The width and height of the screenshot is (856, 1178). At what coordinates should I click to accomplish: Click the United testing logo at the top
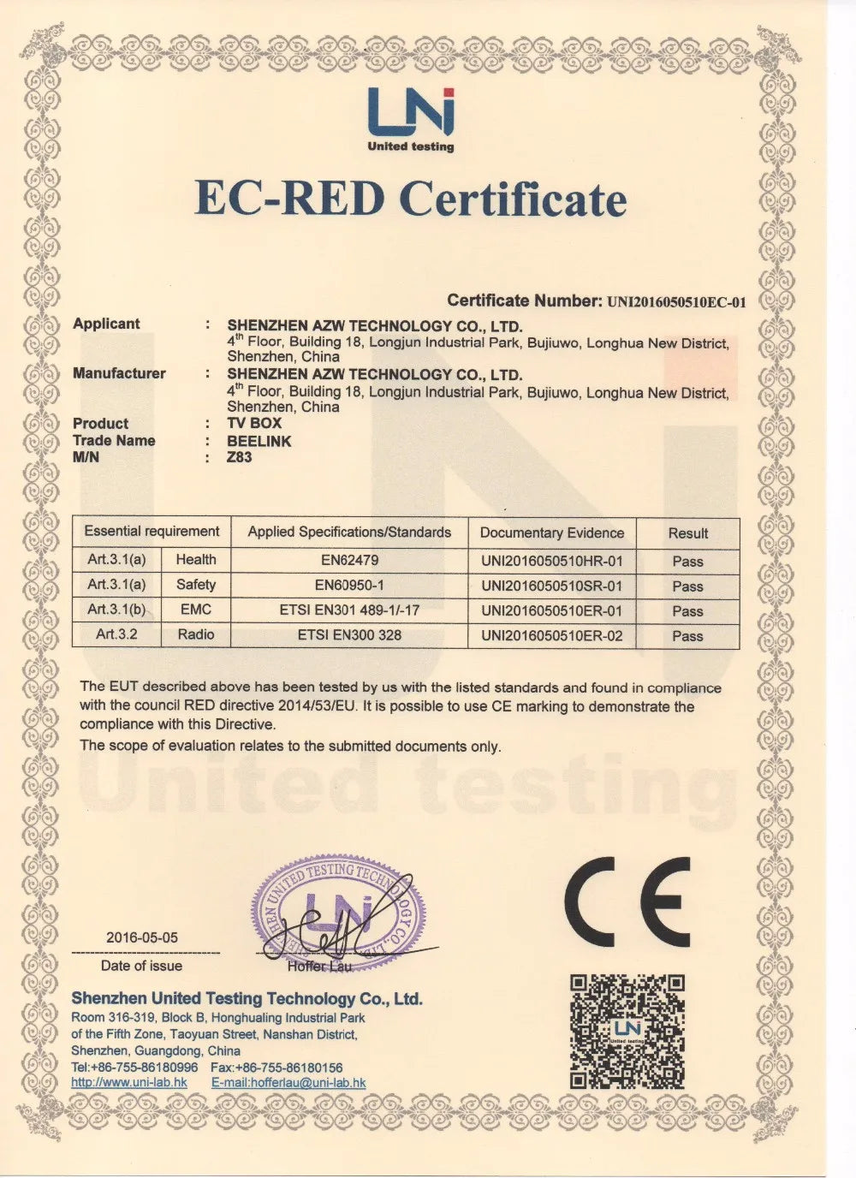point(411,120)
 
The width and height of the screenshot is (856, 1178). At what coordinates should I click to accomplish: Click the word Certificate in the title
point(513,199)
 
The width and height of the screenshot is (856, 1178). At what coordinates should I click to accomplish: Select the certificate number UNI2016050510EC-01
point(677,301)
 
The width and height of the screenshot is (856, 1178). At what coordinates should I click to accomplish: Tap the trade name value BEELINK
point(259,441)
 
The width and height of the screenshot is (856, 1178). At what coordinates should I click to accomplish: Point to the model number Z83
point(239,457)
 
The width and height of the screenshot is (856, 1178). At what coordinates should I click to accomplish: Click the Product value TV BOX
point(254,423)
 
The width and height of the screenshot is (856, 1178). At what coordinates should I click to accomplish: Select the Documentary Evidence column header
point(552,532)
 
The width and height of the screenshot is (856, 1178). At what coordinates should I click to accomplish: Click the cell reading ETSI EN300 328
point(349,634)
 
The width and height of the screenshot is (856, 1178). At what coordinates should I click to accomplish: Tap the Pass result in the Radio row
point(687,636)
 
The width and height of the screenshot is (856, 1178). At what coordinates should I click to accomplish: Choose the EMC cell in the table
point(196,610)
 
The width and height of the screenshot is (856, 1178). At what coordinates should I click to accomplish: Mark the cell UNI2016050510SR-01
point(552,586)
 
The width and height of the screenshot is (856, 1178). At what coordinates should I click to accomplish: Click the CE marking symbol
point(627,901)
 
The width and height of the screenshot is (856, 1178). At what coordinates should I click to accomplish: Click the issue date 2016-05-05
point(142,937)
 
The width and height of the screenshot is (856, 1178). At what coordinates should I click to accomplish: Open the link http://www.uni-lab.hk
point(129,1082)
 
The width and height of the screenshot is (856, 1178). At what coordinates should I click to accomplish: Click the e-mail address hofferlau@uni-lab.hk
point(288,1082)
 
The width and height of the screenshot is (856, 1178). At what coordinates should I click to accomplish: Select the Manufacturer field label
point(119,373)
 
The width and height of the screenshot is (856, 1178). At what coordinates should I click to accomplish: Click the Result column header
point(688,532)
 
